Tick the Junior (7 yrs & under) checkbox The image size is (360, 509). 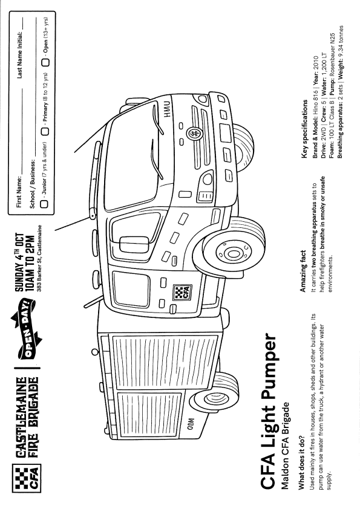[44, 204]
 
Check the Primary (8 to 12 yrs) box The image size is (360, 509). [45, 131]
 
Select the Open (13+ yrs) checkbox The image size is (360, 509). [46, 62]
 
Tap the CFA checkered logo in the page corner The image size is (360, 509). [26, 478]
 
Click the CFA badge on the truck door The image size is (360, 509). [182, 292]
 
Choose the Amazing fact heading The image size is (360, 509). [303, 271]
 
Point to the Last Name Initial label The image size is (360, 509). [19, 55]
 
